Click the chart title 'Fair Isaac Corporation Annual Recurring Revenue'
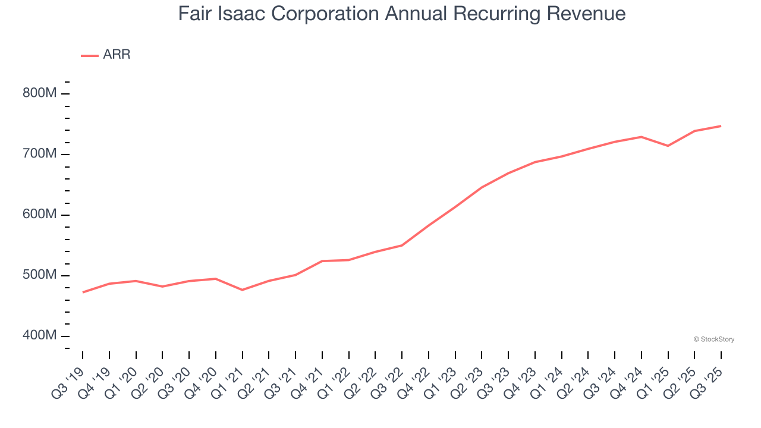401,14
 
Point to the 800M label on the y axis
40,93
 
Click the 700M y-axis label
40,154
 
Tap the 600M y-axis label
40,215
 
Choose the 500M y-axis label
40,275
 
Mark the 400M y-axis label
40,336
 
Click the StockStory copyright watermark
713,339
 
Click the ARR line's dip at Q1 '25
668,146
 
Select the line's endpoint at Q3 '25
721,126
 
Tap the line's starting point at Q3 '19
83,292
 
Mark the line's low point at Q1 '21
242,289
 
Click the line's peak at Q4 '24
641,137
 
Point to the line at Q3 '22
402,245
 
